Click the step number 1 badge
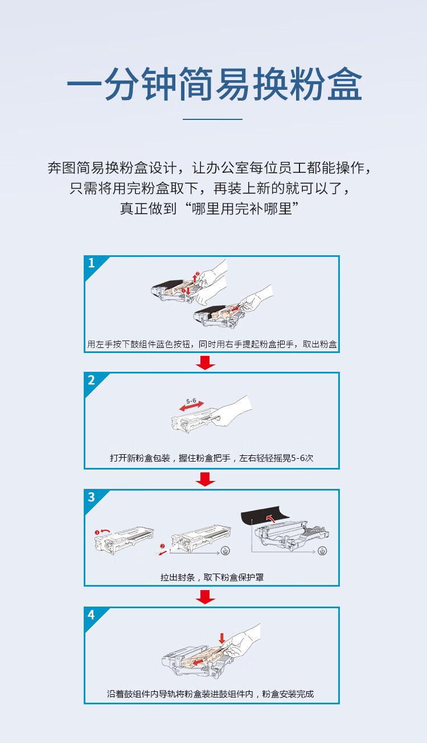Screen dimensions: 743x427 tap(92, 263)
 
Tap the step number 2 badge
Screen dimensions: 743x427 tap(92, 380)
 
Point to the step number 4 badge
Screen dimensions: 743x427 tap(92, 615)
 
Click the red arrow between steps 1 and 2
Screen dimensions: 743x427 tap(205, 363)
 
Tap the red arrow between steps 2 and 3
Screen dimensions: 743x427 tap(205, 480)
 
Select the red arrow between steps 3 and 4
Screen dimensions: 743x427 tap(205, 597)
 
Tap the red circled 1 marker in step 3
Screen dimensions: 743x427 tap(97, 532)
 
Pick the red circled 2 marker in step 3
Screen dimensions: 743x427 tap(162, 546)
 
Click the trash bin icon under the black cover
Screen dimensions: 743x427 tap(323, 551)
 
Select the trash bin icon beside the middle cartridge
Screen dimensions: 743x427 tap(225, 550)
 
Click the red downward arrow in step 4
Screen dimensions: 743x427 tap(221, 638)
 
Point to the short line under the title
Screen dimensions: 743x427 tap(213, 119)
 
